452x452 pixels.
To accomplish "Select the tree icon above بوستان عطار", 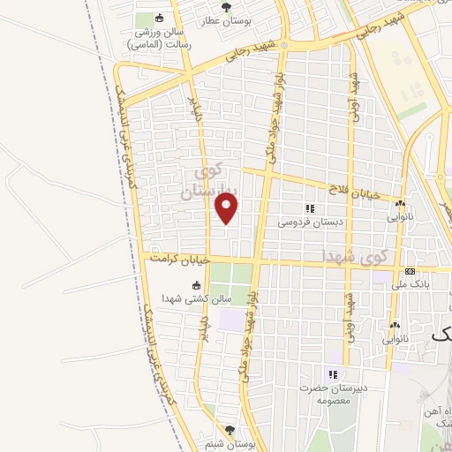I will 227,7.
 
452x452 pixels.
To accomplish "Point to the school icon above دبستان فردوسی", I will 310,208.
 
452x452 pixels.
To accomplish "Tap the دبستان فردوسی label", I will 308,222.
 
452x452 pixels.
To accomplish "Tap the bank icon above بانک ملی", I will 411,271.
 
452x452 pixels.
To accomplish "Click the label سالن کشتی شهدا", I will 202,298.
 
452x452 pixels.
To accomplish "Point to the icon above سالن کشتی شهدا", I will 196,285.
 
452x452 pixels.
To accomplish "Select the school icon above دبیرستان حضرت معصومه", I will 334,373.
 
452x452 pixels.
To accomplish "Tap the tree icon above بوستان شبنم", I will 230,430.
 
